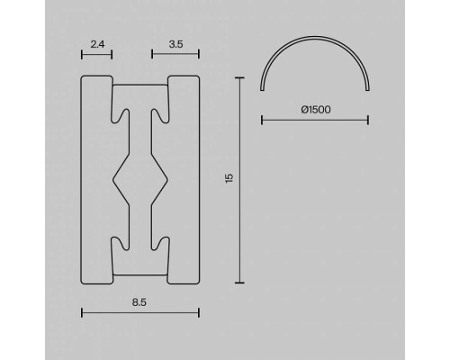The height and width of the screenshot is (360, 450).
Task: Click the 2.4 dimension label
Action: [x=97, y=42]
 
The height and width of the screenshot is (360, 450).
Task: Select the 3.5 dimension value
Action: [x=176, y=42]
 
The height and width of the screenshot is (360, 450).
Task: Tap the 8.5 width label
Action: [x=139, y=303]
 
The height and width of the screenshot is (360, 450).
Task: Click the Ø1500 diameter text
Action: [x=315, y=109]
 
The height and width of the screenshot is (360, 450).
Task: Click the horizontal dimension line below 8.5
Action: [x=139, y=312]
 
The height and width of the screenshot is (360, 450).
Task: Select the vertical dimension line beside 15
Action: [x=239, y=180]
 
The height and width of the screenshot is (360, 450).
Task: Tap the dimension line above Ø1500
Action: [x=315, y=118]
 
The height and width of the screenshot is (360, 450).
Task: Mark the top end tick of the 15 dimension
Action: [x=239, y=78]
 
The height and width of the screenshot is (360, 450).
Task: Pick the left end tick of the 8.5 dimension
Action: [x=82, y=312]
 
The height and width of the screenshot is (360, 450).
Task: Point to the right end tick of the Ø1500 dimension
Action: [x=369, y=118]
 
